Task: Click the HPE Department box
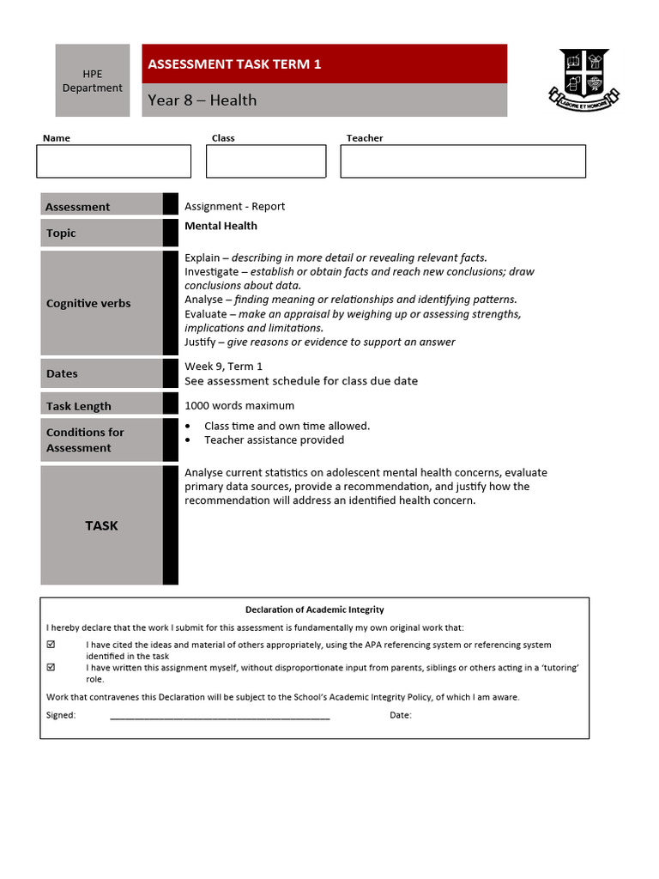[93, 81]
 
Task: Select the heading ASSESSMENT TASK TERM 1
[234, 64]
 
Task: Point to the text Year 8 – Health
[202, 100]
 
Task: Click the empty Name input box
[113, 161]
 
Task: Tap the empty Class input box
[266, 161]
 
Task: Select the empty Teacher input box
[463, 161]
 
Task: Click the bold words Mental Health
[221, 227]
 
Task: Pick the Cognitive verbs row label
[88, 304]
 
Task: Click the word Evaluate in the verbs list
[205, 314]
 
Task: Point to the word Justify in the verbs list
[202, 343]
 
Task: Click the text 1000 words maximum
[239, 406]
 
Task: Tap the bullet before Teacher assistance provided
[188, 440]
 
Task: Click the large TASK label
[101, 526]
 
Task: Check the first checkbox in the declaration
[51, 645]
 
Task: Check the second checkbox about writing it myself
[51, 667]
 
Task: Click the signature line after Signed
[220, 716]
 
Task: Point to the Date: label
[401, 715]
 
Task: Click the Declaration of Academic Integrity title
[314, 610]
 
